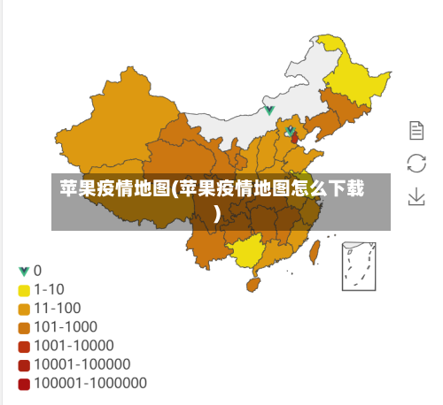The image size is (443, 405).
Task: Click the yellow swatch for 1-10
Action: (24, 289)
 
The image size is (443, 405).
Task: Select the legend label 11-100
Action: (58, 308)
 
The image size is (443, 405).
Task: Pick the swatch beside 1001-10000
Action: (24, 346)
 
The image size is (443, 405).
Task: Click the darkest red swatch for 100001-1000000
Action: (24, 384)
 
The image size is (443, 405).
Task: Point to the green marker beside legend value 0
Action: (24, 271)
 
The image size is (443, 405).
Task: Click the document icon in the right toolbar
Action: (416, 131)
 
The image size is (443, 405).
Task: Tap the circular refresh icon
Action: (416, 163)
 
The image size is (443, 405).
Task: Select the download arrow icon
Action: (416, 195)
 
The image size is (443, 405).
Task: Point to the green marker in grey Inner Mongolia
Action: (269, 111)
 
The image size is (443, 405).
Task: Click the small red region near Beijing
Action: (294, 139)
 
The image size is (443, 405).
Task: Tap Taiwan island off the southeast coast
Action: (313, 253)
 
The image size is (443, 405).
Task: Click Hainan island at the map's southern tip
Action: (251, 286)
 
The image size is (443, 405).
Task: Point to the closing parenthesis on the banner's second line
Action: (217, 212)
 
